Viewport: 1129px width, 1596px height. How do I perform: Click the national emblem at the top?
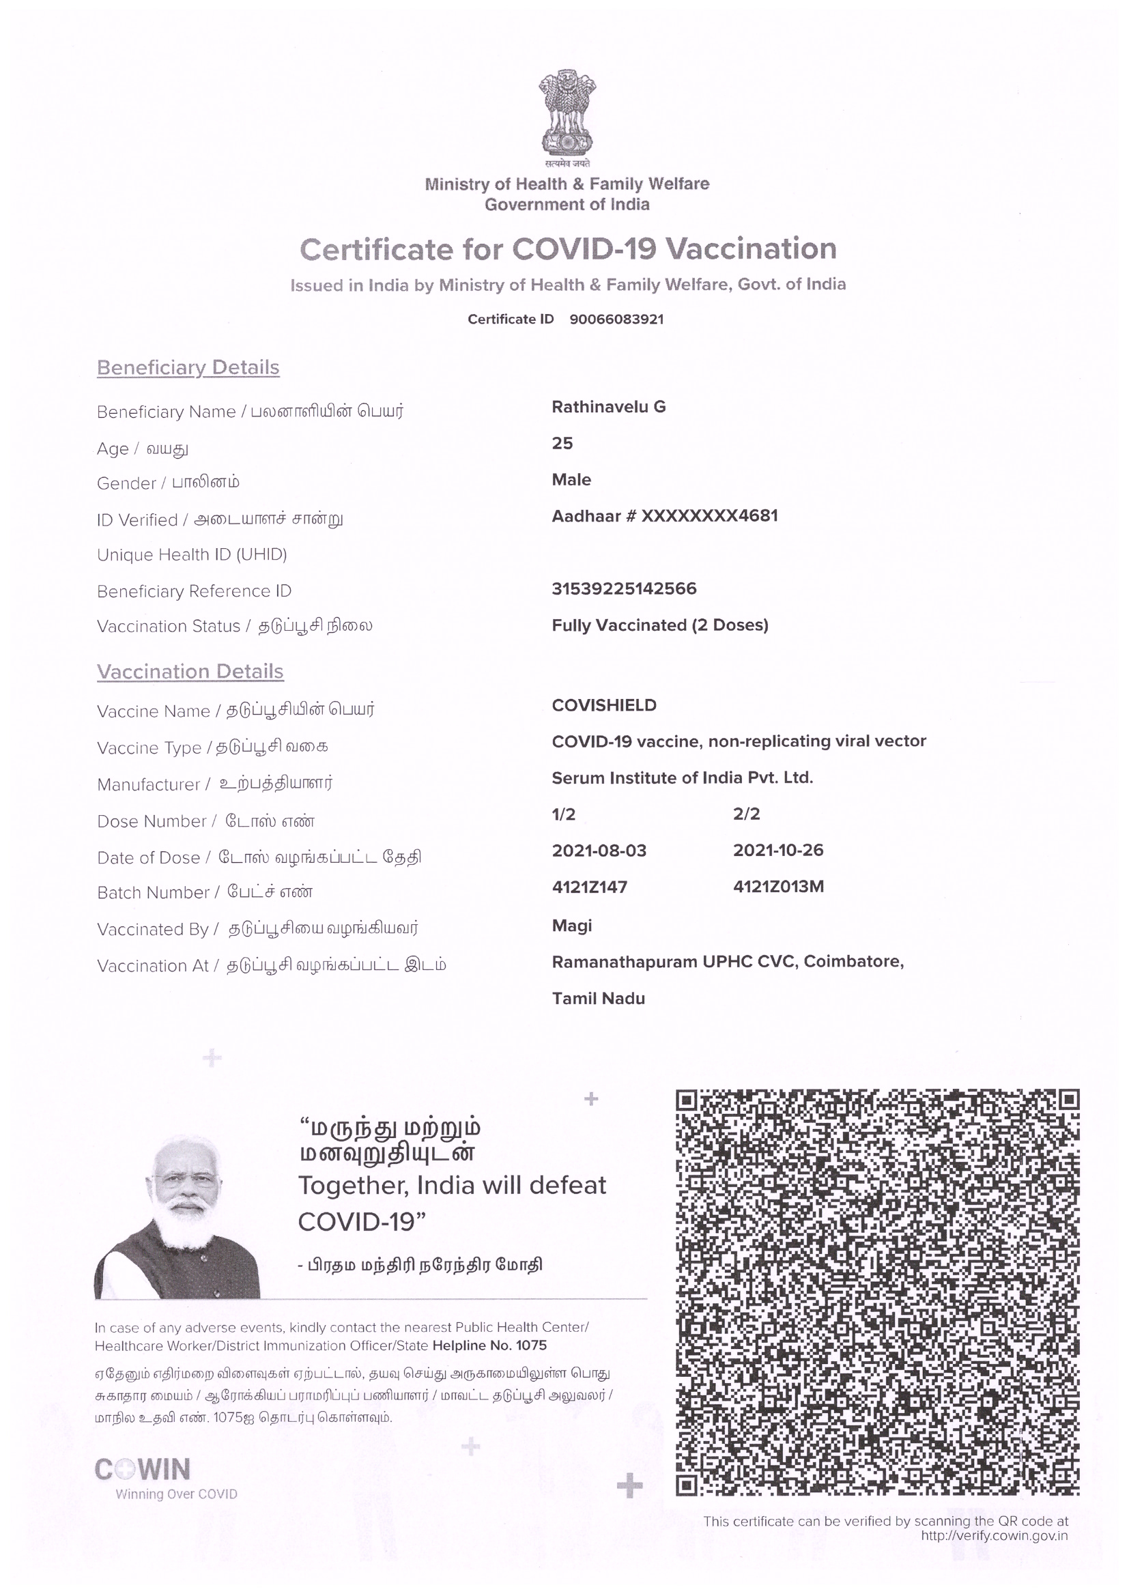point(567,114)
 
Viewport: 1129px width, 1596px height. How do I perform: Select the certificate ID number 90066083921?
point(616,319)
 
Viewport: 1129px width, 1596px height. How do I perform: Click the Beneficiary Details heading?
point(188,367)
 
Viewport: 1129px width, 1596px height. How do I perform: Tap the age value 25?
point(562,444)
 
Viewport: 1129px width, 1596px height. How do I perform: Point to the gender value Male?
point(571,480)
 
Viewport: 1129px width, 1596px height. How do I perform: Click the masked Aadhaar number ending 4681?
point(665,516)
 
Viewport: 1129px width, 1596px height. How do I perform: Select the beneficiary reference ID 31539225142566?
point(624,588)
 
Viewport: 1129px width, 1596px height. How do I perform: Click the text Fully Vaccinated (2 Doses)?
point(660,625)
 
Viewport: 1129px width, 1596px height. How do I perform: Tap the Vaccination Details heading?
point(190,672)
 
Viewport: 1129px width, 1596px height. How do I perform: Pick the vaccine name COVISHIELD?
point(603,705)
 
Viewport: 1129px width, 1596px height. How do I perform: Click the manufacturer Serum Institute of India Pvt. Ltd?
point(682,778)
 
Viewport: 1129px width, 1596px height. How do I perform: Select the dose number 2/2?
point(746,814)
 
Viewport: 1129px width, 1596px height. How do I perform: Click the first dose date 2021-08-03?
point(599,851)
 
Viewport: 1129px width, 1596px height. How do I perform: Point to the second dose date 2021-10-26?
point(778,850)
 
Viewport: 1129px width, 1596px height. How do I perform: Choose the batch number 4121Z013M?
point(778,887)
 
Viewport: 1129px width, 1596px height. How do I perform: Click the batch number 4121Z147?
point(589,887)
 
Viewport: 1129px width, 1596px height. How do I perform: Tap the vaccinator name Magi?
point(571,926)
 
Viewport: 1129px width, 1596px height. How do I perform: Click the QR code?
point(876,1293)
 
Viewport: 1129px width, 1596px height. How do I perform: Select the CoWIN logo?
point(143,1470)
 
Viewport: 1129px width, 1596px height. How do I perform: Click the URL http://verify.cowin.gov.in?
point(993,1535)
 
